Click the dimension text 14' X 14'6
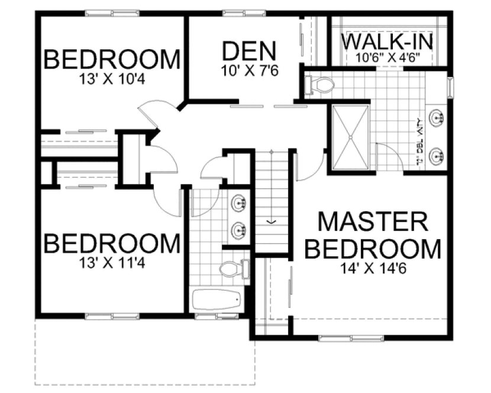(373, 268)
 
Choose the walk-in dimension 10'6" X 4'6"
(388, 58)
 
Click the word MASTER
(373, 222)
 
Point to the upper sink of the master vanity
(438, 117)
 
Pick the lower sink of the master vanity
(438, 156)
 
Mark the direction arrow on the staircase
(272, 221)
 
